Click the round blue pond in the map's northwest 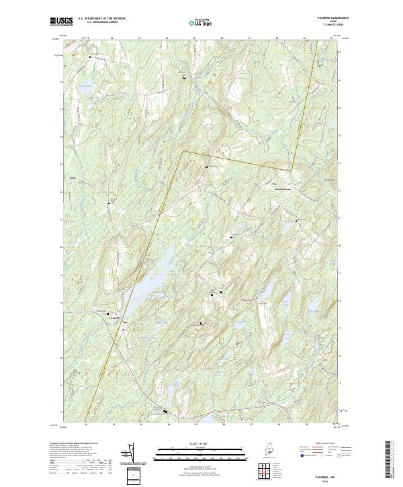click(84, 87)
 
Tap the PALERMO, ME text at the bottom click(323, 474)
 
